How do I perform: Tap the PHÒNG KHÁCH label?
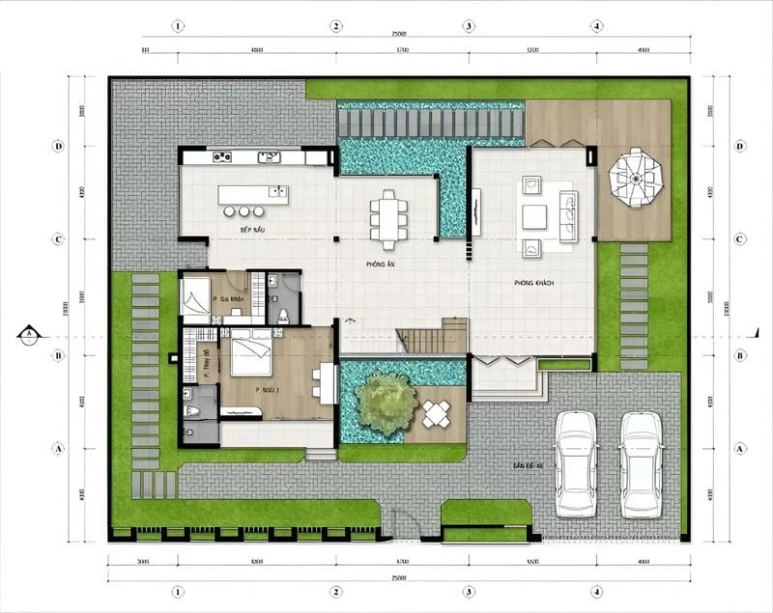point(533,283)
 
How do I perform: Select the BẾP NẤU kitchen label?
point(227,232)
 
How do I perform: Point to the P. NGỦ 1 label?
point(267,390)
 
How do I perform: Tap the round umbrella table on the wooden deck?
point(635,178)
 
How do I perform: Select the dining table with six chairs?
point(388,218)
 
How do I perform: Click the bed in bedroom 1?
point(250,351)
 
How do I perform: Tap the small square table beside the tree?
point(437,414)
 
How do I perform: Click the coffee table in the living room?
point(534,216)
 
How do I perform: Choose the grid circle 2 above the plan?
point(336,26)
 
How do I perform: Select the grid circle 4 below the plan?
point(597,590)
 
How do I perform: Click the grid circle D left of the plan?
point(59,147)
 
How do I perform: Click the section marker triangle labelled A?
point(29,334)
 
